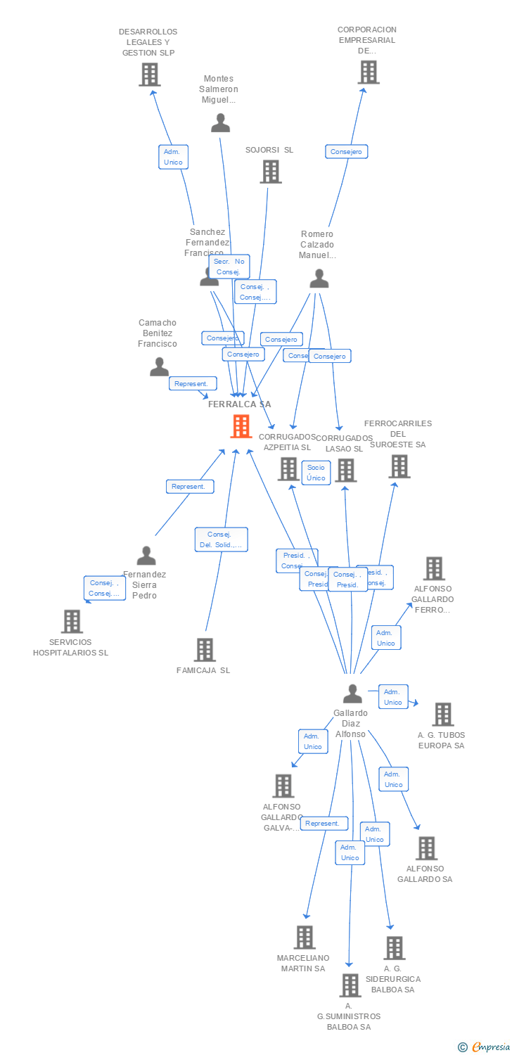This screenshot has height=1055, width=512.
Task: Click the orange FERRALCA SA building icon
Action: (x=241, y=426)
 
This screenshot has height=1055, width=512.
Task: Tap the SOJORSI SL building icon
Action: (x=271, y=172)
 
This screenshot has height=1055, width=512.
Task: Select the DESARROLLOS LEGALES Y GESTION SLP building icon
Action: (x=149, y=75)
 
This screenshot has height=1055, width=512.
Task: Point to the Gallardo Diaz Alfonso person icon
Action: (x=352, y=694)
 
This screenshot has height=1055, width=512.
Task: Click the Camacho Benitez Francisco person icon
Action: (x=160, y=366)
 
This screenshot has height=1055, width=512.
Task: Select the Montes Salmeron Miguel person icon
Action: (x=220, y=123)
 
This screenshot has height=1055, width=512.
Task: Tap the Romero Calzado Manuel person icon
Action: (x=319, y=279)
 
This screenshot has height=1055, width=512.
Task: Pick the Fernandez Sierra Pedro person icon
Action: (x=146, y=556)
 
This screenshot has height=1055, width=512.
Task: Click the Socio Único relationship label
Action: (x=316, y=473)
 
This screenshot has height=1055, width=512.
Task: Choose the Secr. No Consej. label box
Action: (x=229, y=267)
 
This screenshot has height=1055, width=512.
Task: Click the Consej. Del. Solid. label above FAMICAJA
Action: (x=221, y=539)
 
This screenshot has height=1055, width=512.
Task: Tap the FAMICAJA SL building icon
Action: (x=205, y=650)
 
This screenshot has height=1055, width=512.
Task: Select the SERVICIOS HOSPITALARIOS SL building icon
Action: (x=72, y=622)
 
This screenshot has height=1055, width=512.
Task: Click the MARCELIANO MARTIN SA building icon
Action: (x=305, y=938)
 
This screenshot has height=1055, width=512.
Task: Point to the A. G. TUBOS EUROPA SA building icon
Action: (x=442, y=715)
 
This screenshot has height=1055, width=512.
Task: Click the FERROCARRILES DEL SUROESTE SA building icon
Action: (x=399, y=466)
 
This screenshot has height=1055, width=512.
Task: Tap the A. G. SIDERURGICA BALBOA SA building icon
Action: (x=394, y=948)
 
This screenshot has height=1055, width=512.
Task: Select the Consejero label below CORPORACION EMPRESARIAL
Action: (x=346, y=151)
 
